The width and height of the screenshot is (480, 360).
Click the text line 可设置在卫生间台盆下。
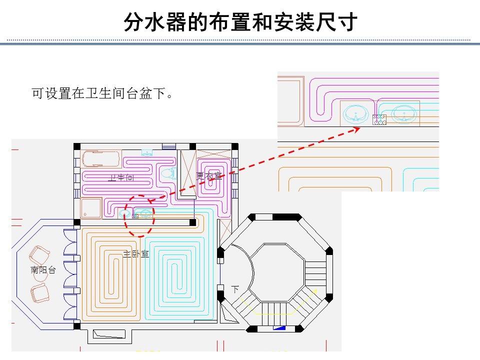click(x=102, y=93)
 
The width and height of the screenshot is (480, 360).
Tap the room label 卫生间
click(x=121, y=177)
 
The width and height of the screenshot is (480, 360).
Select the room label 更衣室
click(x=209, y=175)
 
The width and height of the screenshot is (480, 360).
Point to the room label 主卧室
click(x=136, y=254)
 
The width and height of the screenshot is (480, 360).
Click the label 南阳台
click(x=43, y=270)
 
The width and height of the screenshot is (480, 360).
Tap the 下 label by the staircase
click(x=235, y=289)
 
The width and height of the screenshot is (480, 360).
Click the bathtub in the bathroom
click(x=101, y=159)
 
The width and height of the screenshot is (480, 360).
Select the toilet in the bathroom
click(x=168, y=173)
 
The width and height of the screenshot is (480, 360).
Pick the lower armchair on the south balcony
click(x=39, y=292)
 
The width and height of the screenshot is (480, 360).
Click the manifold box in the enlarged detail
click(x=379, y=119)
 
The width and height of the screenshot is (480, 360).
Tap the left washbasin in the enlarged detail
click(x=355, y=115)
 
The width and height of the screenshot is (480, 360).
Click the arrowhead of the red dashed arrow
click(x=357, y=128)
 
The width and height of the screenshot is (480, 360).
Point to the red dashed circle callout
click(x=139, y=215)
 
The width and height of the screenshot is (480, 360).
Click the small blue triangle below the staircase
click(x=279, y=328)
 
